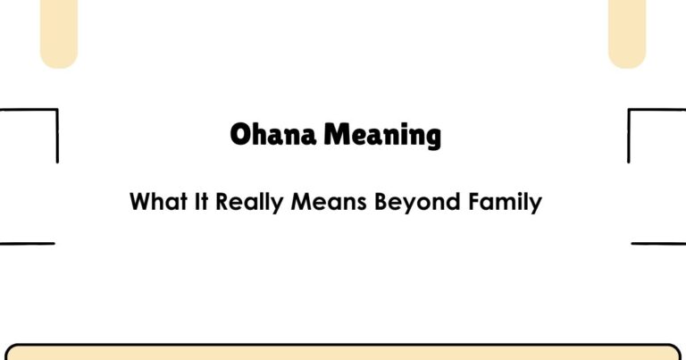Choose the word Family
point(505,203)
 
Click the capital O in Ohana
point(239,136)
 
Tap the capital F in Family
point(476,202)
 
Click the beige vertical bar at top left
point(59,32)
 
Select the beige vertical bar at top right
point(626,32)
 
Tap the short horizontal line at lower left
point(27,243)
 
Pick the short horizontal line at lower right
point(658,243)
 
